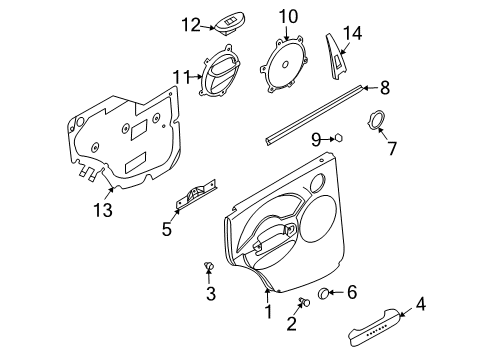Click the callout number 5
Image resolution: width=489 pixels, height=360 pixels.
[x=167, y=229]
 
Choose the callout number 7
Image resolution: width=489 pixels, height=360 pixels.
[x=392, y=149]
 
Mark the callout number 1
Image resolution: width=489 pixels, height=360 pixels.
[x=267, y=312]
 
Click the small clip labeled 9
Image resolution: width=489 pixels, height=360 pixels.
[x=338, y=139]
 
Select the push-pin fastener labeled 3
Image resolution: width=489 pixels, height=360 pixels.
[x=209, y=267]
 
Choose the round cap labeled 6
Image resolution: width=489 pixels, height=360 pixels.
[x=325, y=292]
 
